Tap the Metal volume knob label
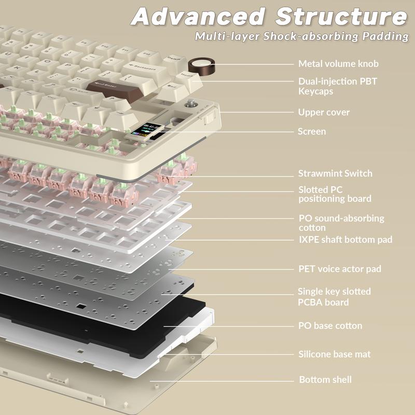click(x=338, y=64)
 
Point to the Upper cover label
click(x=324, y=112)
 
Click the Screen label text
click(x=312, y=132)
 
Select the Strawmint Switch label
click(x=335, y=174)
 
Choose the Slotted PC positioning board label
click(x=335, y=194)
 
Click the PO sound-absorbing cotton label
click(x=341, y=223)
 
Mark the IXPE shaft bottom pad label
click(x=345, y=240)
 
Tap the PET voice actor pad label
click(x=339, y=269)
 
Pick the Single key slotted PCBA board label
click(x=334, y=297)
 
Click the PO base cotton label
click(x=330, y=326)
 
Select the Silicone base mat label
click(x=334, y=354)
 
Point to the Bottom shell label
click(x=325, y=380)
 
